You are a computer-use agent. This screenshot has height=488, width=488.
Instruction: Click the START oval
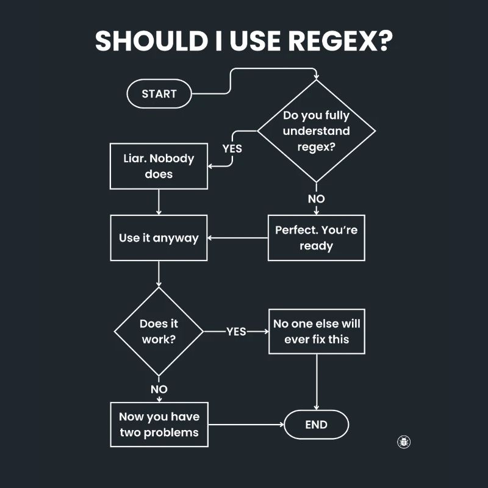coord(159,94)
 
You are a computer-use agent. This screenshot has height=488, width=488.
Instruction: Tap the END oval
coord(316,425)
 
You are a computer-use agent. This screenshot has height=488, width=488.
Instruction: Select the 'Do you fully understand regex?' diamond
coord(316,131)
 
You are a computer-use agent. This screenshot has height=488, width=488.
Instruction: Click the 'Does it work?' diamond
coord(159,331)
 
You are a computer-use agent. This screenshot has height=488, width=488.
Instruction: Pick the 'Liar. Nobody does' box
coord(159,166)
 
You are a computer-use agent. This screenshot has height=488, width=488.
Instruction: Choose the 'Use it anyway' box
coord(159,238)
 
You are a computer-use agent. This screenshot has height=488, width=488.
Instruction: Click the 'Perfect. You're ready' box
coord(316,238)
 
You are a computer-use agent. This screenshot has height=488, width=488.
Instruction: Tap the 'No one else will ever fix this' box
coord(317,331)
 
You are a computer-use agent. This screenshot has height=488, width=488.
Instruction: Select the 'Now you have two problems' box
coord(159,425)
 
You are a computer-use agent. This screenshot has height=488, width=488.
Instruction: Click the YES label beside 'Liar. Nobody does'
coord(232,148)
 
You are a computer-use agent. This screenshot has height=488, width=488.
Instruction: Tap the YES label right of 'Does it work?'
coord(236,331)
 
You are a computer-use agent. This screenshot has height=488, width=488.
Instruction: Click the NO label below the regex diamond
coord(316,199)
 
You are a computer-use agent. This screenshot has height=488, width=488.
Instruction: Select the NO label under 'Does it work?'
coord(159,389)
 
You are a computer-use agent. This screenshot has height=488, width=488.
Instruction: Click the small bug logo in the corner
coord(403,442)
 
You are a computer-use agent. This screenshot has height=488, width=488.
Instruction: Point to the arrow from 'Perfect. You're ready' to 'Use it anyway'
coord(238,238)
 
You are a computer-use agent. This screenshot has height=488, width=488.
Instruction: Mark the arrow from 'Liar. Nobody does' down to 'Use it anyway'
coord(159,202)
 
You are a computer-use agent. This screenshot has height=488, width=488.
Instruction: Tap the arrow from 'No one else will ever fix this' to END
coord(316,381)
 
